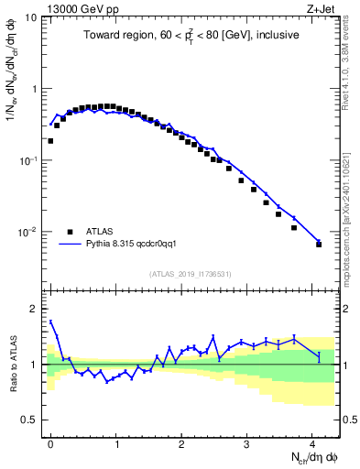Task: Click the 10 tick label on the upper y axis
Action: tap(31, 17)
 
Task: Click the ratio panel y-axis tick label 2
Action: tap(35, 309)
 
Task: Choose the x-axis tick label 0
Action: tap(50, 443)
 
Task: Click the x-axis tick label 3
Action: tap(246, 443)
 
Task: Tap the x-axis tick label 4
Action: tap(311, 443)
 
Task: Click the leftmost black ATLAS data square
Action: tap(50, 141)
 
